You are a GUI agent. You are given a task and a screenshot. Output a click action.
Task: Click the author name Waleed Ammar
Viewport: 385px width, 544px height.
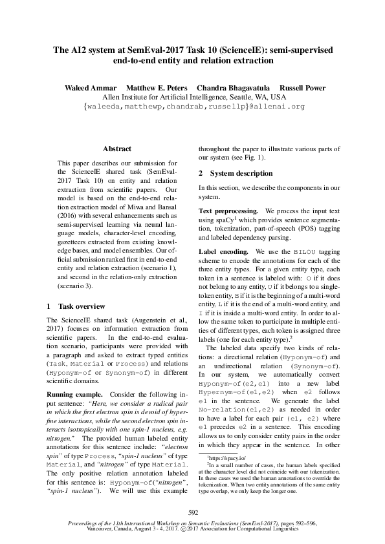point(90,88)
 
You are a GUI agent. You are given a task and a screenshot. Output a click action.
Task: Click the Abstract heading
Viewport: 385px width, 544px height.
point(116,149)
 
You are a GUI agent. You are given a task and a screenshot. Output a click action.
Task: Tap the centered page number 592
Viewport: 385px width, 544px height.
point(192,512)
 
